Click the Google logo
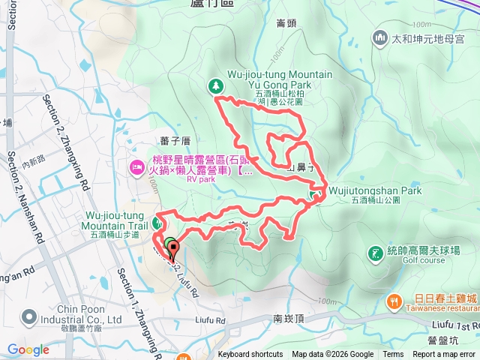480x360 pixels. tap(28, 349)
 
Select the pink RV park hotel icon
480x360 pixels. tap(136, 165)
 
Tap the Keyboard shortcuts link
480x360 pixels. tap(250, 355)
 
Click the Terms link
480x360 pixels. tap(393, 355)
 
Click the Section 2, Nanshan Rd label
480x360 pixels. tap(24, 196)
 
